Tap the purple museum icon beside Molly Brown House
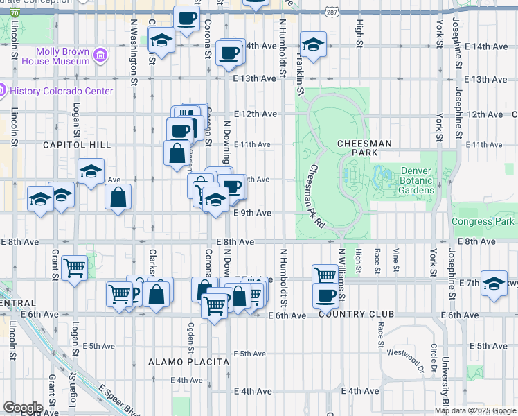[101, 54]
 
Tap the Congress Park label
[483, 222]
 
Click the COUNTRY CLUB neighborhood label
[356, 314]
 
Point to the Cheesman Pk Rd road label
[316, 196]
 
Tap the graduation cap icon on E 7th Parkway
[494, 284]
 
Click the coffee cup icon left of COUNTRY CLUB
[325, 296]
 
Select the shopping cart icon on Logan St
[74, 268]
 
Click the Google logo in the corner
[22, 408]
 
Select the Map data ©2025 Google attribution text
[475, 410]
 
